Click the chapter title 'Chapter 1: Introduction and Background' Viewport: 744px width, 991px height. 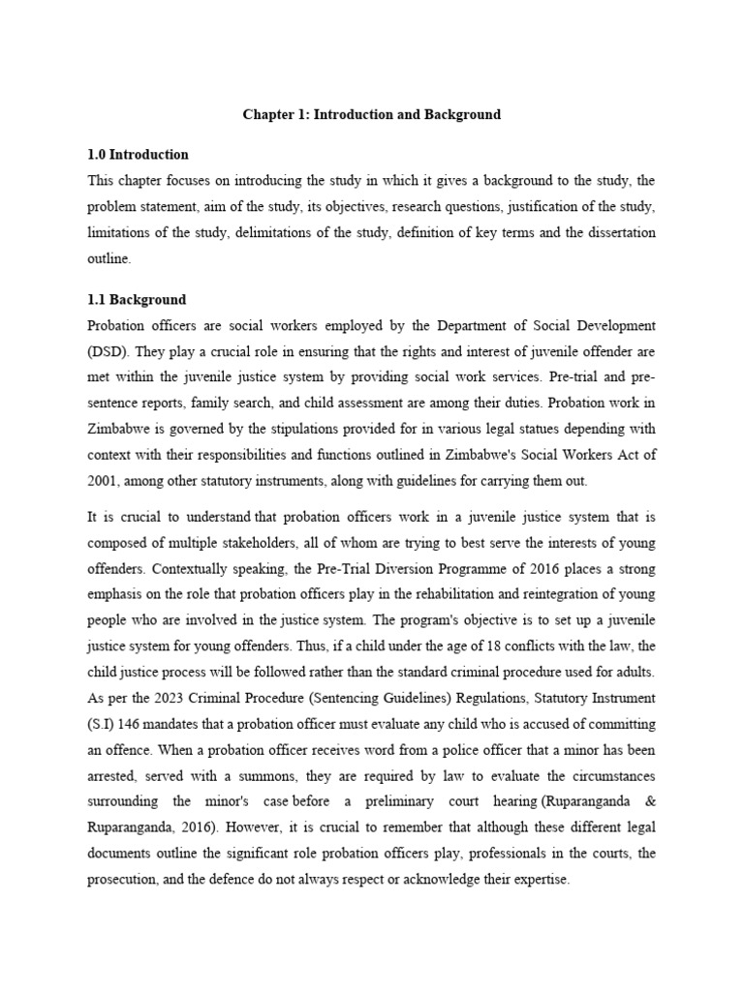tap(371, 114)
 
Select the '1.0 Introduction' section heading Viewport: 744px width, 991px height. tap(138, 155)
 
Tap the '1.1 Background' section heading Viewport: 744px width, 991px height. tap(137, 300)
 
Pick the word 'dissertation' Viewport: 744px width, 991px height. tap(614, 232)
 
